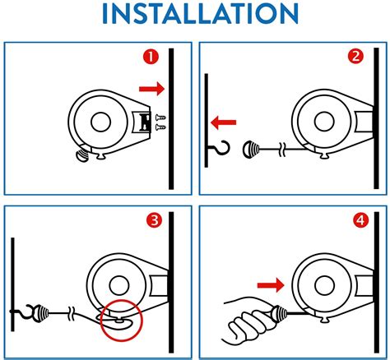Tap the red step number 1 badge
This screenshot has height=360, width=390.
coord(151,58)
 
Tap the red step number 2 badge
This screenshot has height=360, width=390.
coord(355,58)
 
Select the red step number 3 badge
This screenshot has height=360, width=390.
coord(152,220)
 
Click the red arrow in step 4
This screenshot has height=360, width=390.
coord(268,284)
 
